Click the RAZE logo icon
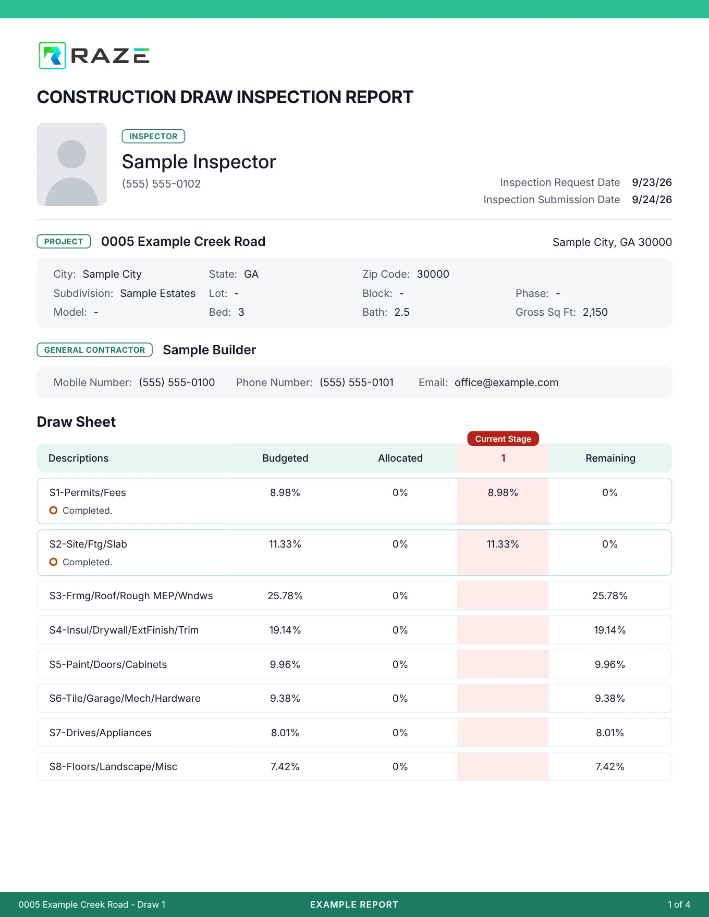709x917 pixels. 52,55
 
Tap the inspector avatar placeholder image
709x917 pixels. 72,164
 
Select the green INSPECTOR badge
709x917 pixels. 153,137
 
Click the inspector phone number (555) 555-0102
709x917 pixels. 161,184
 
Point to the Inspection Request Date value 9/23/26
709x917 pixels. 652,182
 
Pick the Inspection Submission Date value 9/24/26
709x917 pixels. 652,200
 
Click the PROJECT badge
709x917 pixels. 64,242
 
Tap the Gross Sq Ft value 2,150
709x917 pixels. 595,312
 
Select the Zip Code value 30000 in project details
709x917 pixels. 433,274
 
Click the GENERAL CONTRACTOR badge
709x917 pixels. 94,350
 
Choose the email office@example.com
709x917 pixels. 506,382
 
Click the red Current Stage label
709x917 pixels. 503,439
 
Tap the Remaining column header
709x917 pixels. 610,458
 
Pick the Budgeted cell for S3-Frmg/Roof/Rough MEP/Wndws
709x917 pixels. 285,596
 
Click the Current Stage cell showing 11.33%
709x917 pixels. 503,544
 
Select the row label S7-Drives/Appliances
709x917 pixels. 101,733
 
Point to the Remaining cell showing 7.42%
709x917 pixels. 610,766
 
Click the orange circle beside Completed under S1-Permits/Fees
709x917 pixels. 53,510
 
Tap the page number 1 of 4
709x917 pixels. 679,904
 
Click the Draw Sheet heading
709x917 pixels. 76,422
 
